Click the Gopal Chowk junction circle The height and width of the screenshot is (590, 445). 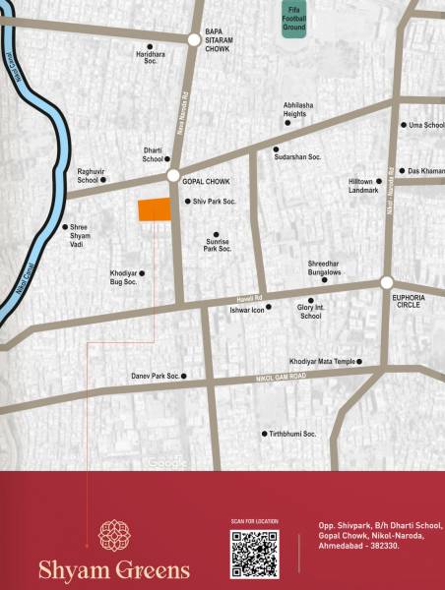[x=173, y=176]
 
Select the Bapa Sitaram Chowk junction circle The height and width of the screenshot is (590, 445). [x=194, y=39]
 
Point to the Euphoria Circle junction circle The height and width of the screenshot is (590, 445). [x=387, y=283]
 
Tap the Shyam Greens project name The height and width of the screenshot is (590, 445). [x=114, y=569]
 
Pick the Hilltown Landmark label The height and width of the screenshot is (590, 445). [x=362, y=186]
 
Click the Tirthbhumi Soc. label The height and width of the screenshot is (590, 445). [x=293, y=434]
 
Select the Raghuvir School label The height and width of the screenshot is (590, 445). [x=89, y=176]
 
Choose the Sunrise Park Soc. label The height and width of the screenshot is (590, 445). [x=218, y=245]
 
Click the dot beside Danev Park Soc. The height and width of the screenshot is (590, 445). [x=184, y=376]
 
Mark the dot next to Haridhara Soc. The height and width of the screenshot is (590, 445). [x=150, y=46]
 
